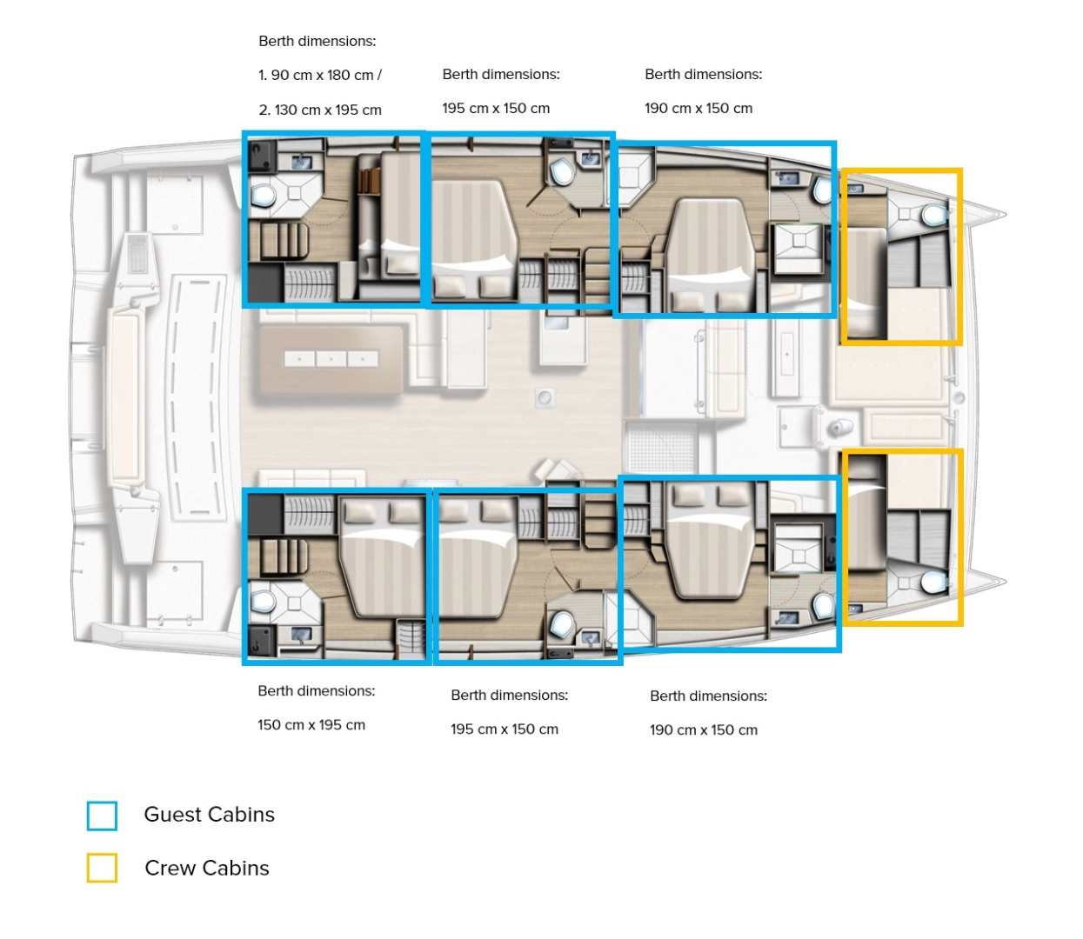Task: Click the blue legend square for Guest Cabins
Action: (102, 816)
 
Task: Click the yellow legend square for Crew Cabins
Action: (102, 868)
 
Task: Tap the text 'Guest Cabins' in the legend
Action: (209, 815)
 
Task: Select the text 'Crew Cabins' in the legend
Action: (207, 868)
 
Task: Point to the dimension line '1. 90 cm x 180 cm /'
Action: (320, 76)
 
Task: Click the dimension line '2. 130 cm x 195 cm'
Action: (320, 110)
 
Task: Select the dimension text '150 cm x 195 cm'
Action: (311, 725)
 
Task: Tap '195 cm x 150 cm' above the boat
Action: (496, 109)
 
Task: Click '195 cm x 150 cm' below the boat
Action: (505, 729)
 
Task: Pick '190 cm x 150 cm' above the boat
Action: (699, 109)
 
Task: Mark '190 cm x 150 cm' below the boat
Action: (704, 730)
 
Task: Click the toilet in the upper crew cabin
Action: (934, 215)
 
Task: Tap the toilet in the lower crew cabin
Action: (934, 581)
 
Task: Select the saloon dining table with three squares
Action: (331, 358)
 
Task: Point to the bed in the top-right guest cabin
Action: (706, 252)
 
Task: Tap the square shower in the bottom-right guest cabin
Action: (798, 548)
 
